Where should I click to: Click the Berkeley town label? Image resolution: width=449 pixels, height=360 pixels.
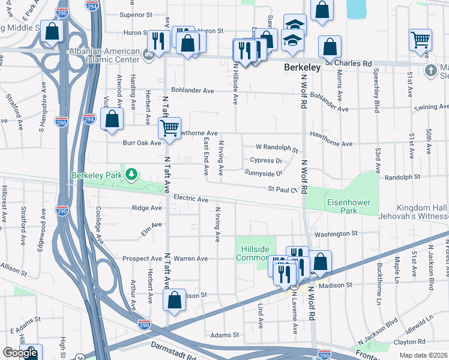pos(302,68)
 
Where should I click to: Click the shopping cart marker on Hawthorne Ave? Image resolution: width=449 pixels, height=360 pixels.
pos(170,128)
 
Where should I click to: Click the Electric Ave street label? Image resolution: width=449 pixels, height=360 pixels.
pos(191,198)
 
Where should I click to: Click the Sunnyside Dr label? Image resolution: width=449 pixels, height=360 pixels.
pos(264,173)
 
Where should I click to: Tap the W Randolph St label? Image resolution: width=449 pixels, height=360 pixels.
pos(277,147)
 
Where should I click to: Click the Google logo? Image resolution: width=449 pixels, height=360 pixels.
pos(20,353)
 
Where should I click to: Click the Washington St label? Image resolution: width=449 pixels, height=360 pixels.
pos(335,233)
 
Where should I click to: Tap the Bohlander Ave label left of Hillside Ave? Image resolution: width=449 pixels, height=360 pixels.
pos(192,91)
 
